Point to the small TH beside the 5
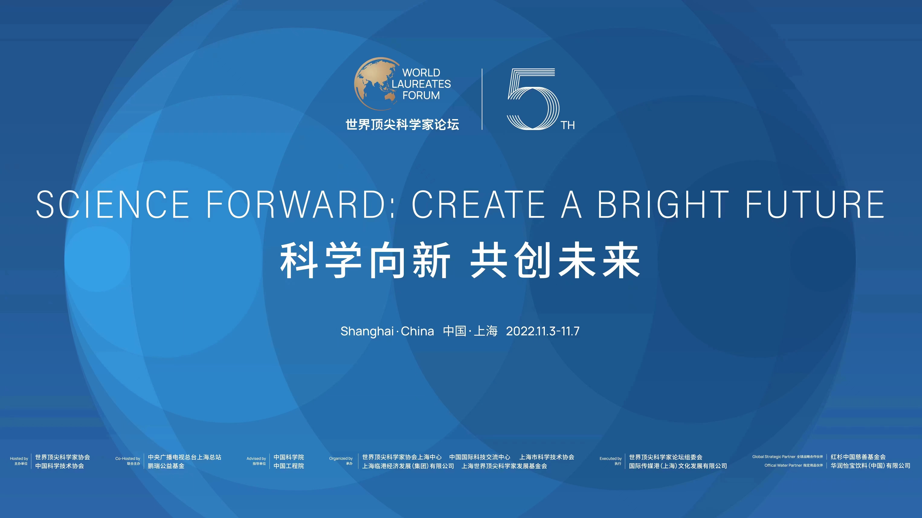[x=568, y=126]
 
